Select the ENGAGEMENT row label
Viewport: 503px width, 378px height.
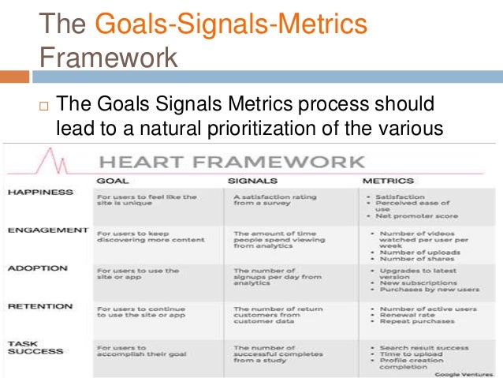(x=47, y=230)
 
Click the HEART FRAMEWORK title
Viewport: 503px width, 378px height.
(x=230, y=162)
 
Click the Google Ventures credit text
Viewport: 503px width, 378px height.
(x=462, y=372)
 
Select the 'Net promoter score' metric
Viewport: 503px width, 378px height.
(x=415, y=215)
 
